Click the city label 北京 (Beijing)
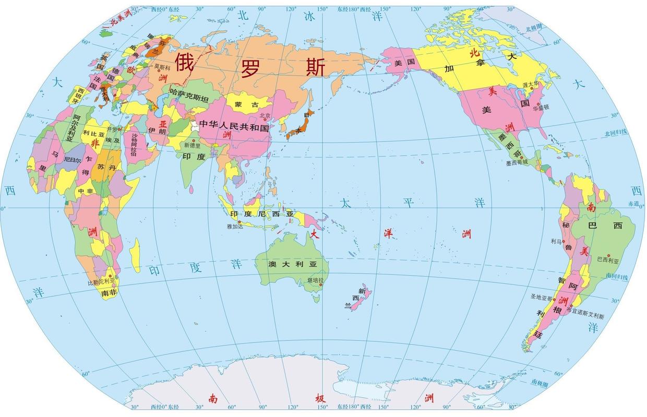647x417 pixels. tap(265, 115)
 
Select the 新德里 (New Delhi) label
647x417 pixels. tap(191, 146)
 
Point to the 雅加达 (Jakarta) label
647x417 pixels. tap(235, 227)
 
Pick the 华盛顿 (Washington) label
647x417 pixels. tap(541, 107)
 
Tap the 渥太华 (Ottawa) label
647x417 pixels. tap(530, 84)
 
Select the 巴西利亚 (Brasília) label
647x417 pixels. tap(607, 259)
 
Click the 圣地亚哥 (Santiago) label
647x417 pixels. tap(541, 297)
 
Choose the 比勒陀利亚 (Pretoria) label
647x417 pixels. tap(100, 282)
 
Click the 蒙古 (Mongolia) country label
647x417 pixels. tap(246, 105)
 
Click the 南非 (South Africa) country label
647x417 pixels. tap(109, 293)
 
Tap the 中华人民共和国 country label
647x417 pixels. tap(235, 127)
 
